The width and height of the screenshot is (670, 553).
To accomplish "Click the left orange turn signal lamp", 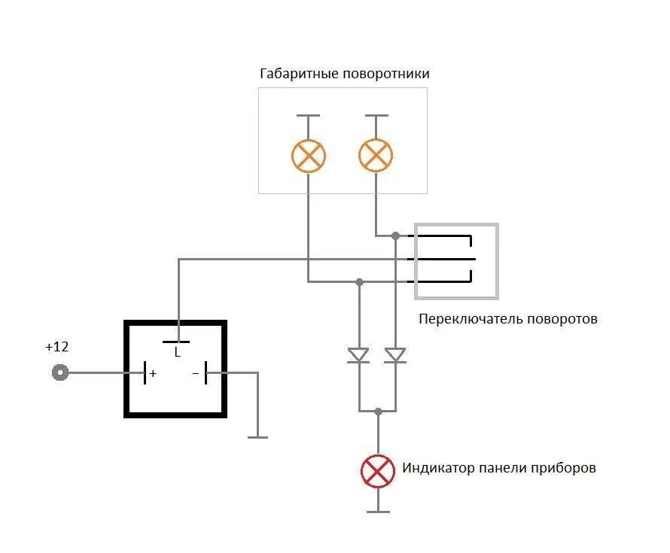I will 309,156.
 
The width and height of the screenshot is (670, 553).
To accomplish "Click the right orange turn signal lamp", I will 376,156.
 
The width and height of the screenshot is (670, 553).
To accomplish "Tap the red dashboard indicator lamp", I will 378,471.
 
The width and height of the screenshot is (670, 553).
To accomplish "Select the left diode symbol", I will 358,354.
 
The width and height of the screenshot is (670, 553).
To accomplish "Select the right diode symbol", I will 395,354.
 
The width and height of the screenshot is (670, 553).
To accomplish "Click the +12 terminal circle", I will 59,372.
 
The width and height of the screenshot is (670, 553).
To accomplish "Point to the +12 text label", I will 56,347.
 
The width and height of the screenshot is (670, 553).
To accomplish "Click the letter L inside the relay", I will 178,351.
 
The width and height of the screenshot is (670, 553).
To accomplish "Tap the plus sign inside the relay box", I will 154,372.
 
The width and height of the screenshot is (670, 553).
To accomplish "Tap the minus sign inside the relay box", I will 195,372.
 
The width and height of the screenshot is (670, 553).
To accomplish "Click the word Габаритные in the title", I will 299,74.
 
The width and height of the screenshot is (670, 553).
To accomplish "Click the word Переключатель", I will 464,319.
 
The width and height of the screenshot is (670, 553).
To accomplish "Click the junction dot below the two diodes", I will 378,411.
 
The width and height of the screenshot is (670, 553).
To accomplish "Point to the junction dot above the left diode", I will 359,282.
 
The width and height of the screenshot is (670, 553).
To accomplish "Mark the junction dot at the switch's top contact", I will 396,236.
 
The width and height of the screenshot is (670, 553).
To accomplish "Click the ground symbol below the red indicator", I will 378,511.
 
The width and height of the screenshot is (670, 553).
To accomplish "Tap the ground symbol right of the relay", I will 257,436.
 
